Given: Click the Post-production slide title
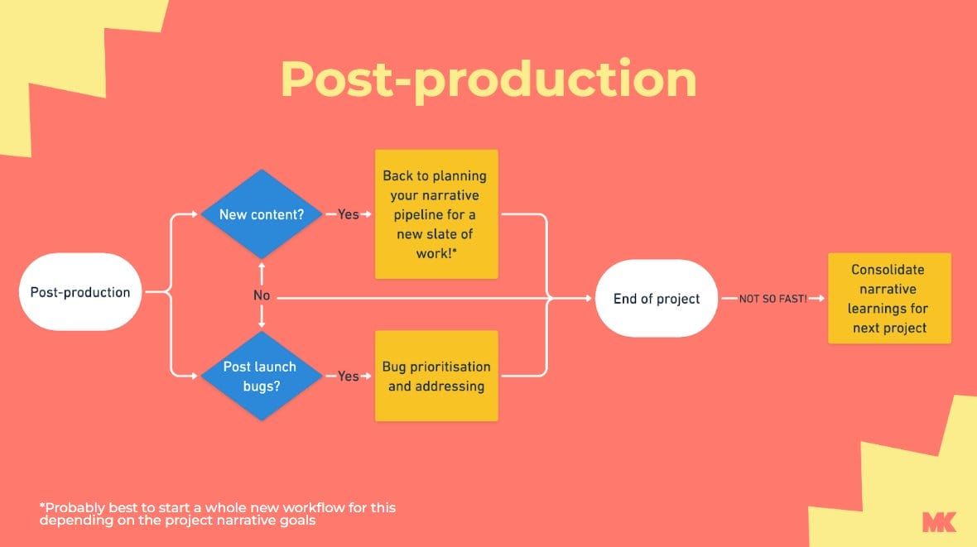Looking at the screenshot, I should [x=488, y=79].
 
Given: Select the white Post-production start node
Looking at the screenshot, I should [x=80, y=292].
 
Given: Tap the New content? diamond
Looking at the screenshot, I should [x=261, y=214].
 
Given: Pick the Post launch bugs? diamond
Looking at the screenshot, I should [x=261, y=376].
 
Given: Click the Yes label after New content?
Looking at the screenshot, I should [x=349, y=214].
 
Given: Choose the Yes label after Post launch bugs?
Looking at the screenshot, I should [x=349, y=376].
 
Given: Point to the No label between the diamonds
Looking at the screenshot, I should [x=262, y=295].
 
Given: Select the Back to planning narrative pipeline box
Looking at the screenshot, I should [x=436, y=214].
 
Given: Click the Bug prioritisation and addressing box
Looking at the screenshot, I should [x=436, y=376].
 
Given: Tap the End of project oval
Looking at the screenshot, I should [x=657, y=299].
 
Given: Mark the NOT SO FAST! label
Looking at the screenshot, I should [x=772, y=299].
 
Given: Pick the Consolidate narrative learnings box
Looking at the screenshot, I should [x=889, y=299].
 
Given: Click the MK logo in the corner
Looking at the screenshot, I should [x=939, y=521].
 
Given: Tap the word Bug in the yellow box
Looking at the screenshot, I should [x=395, y=367].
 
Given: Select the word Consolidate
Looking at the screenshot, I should [x=888, y=270].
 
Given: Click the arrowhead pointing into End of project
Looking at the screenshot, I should [x=590, y=299].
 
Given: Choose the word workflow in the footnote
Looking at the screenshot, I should [x=305, y=507].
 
